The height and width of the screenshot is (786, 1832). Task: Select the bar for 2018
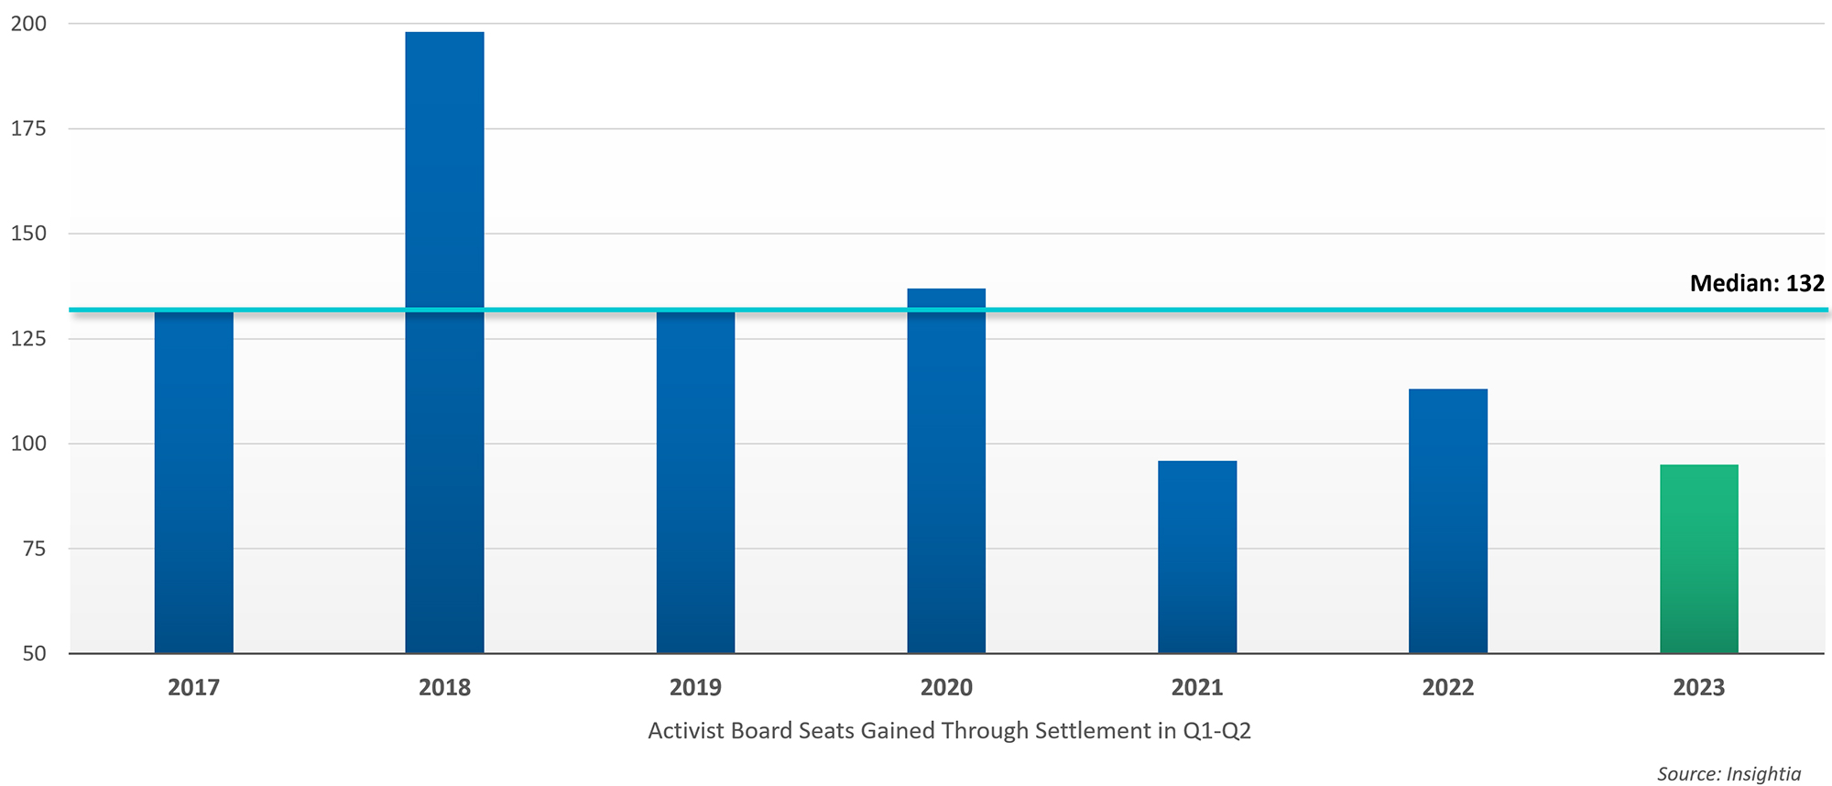click(x=444, y=343)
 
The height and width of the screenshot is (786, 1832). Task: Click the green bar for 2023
click(x=1698, y=559)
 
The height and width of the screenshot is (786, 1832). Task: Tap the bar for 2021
click(x=1196, y=557)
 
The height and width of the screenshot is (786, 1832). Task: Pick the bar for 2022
click(x=1447, y=521)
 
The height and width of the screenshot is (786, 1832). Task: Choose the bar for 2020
click(x=946, y=471)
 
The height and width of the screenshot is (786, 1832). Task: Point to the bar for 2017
click(x=193, y=482)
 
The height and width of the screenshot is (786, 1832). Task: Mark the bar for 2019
click(x=695, y=482)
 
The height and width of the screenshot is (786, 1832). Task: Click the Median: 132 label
click(x=1756, y=283)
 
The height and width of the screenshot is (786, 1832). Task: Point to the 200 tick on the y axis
click(x=28, y=24)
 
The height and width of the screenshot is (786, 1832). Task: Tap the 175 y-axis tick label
click(x=28, y=129)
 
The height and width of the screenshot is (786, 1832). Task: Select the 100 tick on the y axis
click(x=28, y=444)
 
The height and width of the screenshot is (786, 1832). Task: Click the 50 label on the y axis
click(x=34, y=654)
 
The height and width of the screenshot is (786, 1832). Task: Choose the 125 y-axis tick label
click(x=28, y=339)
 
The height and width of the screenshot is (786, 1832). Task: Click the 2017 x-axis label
click(x=193, y=688)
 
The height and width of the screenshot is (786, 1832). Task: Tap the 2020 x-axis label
click(x=946, y=688)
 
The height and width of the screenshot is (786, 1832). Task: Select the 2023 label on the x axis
click(x=1698, y=688)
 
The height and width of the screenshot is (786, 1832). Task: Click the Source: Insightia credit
click(x=1728, y=774)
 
